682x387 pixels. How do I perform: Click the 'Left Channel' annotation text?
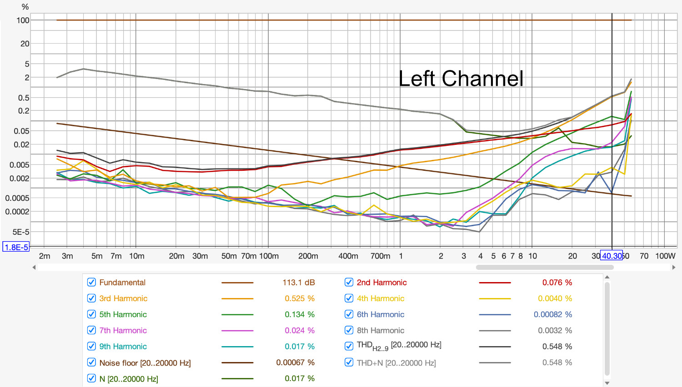click(x=461, y=79)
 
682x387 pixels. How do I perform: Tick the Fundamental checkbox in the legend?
click(x=91, y=282)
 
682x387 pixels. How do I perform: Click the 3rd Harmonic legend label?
click(x=123, y=298)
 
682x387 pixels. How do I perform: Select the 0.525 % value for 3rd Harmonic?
click(x=300, y=298)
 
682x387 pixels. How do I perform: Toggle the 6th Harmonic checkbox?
click(x=349, y=314)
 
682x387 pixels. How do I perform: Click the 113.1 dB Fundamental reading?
click(x=298, y=282)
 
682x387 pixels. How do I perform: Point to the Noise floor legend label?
click(x=145, y=362)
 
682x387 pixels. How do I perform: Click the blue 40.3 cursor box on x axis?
click(x=612, y=256)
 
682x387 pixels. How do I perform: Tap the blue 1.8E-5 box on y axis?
click(x=16, y=247)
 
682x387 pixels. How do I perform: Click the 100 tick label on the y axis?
click(x=23, y=20)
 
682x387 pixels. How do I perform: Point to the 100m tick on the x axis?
click(x=269, y=256)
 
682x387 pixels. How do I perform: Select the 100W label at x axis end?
click(x=665, y=256)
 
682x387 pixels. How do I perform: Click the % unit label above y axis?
click(x=25, y=7)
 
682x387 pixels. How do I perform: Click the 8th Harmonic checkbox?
click(x=349, y=330)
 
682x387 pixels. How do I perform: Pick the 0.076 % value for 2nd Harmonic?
click(x=557, y=282)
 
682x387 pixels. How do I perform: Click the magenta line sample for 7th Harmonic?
click(x=237, y=330)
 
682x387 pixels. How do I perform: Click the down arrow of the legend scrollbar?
click(x=607, y=383)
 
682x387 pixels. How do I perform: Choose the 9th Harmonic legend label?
click(x=123, y=346)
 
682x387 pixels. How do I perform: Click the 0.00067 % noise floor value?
click(x=295, y=362)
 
